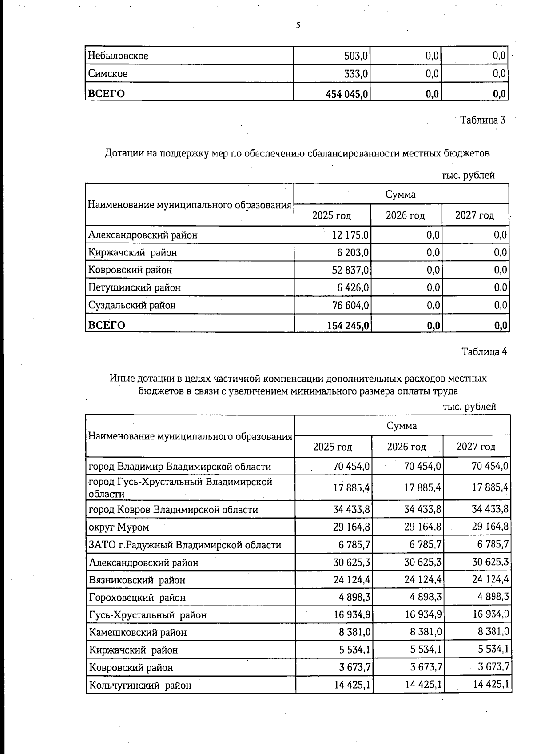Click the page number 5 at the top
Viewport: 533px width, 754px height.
[298, 26]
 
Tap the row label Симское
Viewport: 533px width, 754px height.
[107, 74]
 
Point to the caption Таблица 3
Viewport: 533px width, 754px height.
[482, 120]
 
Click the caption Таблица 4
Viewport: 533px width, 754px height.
[484, 352]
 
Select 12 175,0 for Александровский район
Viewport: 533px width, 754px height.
[350, 235]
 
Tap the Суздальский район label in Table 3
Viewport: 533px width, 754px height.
[132, 305]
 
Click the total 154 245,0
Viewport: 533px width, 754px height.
[348, 326]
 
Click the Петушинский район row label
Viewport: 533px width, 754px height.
[134, 287]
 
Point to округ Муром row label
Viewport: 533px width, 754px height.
[119, 527]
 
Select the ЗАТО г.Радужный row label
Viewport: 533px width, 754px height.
[185, 545]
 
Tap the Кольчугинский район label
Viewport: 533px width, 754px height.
[140, 685]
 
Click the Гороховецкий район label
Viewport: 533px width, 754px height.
[137, 598]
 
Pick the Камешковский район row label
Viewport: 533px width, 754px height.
[138, 633]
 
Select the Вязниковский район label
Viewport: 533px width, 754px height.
[137, 580]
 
